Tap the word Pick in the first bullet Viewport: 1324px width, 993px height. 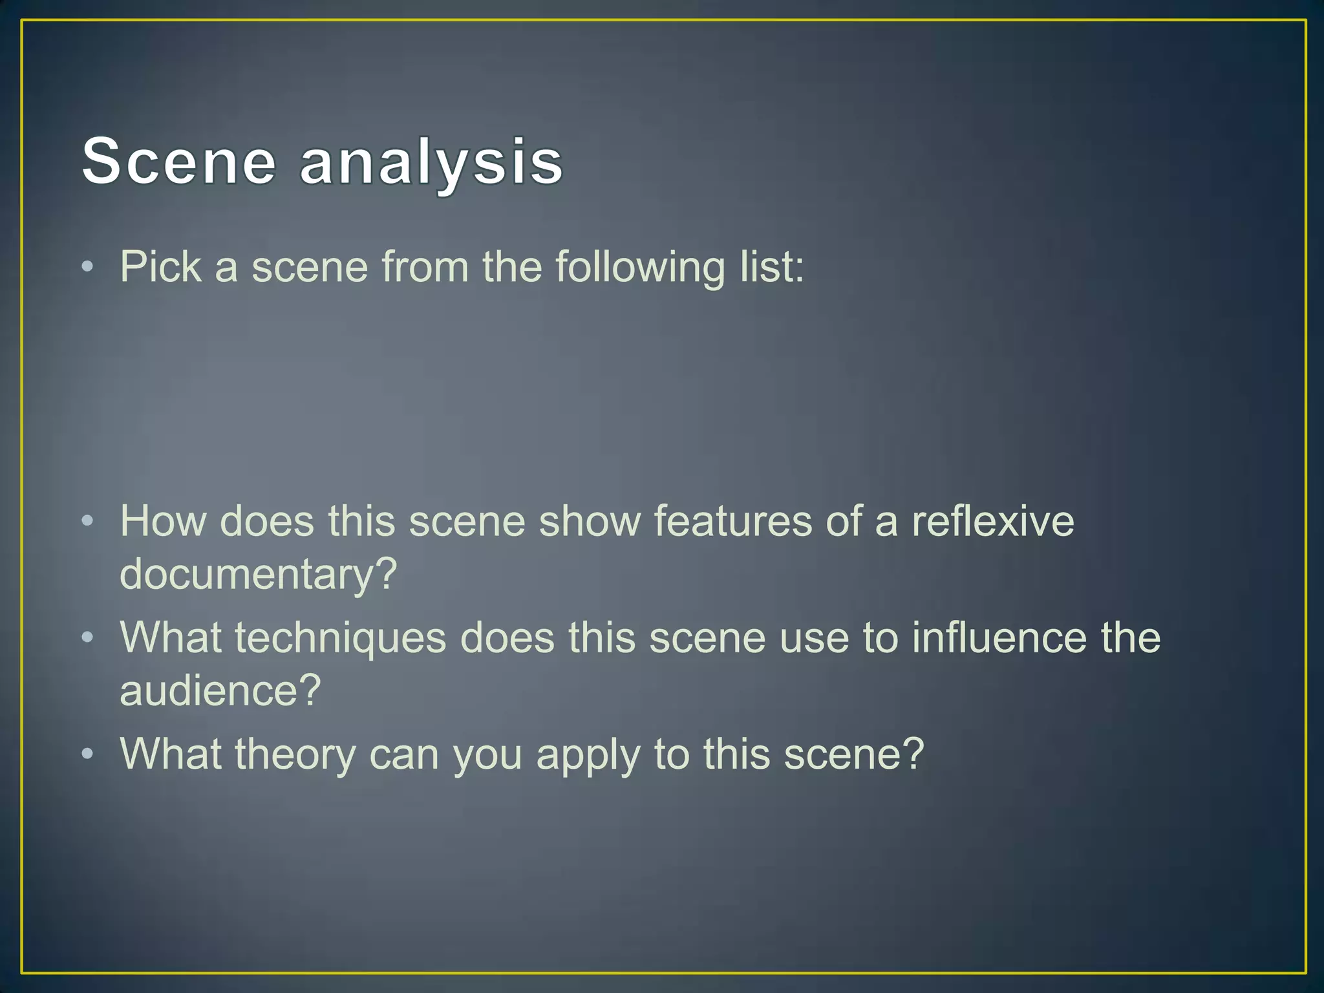click(160, 266)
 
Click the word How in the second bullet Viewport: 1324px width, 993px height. click(163, 521)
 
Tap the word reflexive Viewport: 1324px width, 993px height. click(992, 521)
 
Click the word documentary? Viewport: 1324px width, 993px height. click(258, 574)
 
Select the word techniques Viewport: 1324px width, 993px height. click(340, 638)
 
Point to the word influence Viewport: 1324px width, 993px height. click(999, 638)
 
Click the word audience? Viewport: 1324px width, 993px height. click(220, 690)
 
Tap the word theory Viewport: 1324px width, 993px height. click(295, 754)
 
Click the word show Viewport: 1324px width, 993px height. click(590, 521)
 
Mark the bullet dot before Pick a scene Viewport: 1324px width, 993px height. click(89, 267)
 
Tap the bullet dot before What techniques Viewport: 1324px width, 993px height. click(89, 639)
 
